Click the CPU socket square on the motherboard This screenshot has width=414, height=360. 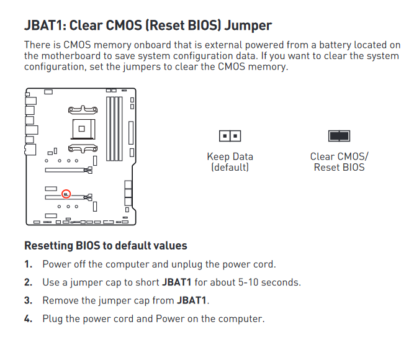point(83,129)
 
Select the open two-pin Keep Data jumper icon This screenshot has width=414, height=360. point(230,136)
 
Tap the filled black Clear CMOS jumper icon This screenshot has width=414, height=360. point(339,136)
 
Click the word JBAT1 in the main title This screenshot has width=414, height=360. point(45,25)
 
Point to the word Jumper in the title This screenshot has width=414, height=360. point(248,26)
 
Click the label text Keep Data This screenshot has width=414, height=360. point(230,156)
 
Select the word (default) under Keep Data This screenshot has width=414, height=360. point(230,168)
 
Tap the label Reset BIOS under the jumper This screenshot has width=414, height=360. point(340,168)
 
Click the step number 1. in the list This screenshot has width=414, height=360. point(29,264)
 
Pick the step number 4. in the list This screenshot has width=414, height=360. point(29,319)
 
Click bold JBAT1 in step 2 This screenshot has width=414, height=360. point(177,282)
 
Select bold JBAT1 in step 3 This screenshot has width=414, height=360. point(191,300)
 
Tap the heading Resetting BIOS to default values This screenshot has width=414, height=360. point(106,246)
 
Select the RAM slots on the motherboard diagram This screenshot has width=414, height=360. point(114,129)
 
